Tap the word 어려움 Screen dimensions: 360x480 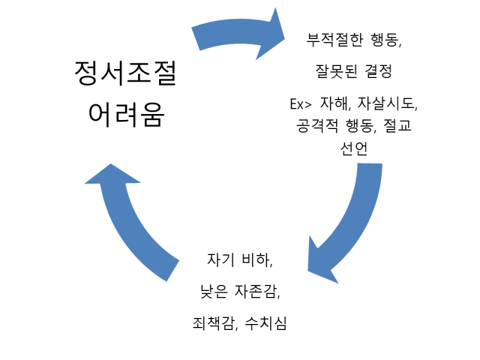[125, 113]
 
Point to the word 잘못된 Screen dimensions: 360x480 [335, 72]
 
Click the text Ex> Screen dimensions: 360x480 [301, 104]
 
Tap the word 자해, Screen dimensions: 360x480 [336, 104]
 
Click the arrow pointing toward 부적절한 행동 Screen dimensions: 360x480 [240, 36]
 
